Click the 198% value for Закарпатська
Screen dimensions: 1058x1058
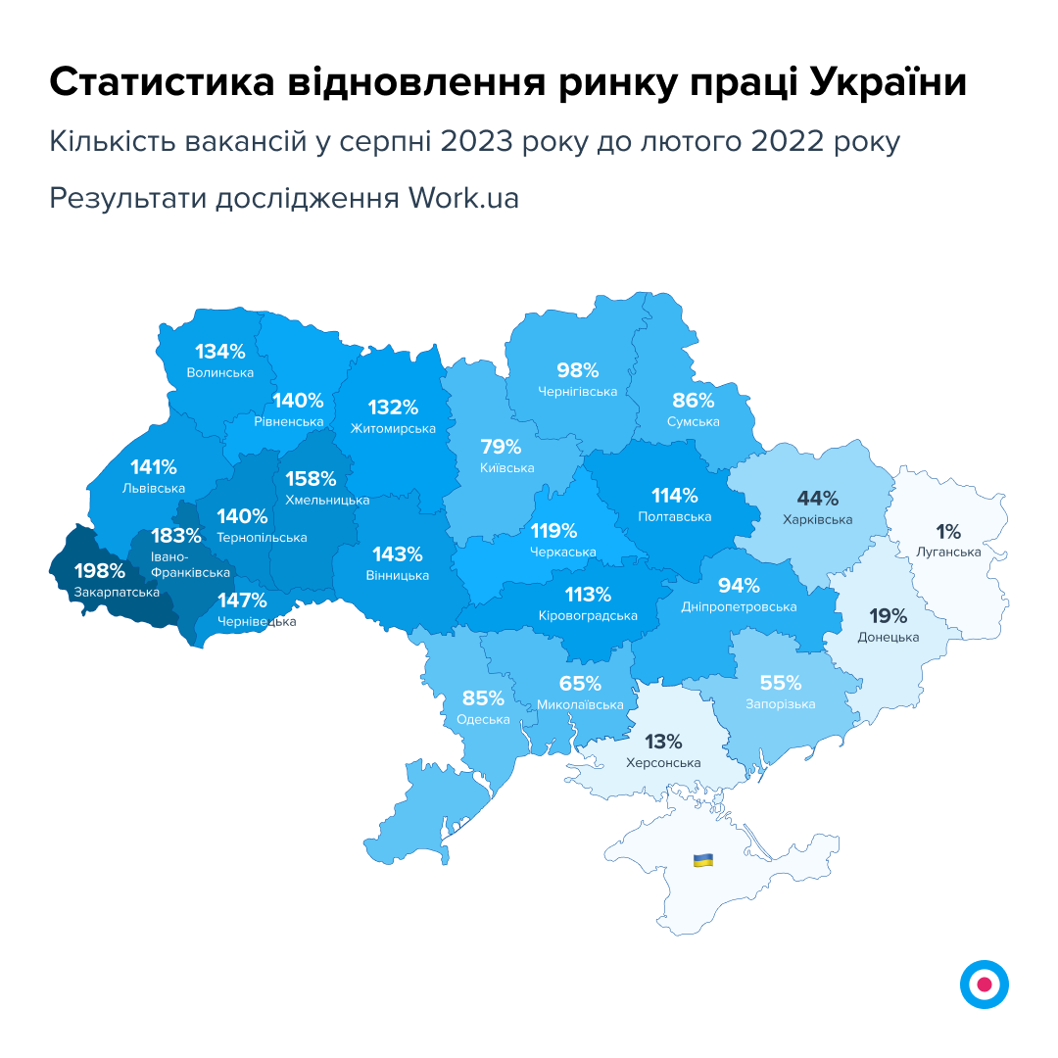tap(100, 571)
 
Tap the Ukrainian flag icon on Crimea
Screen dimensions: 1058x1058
tap(702, 860)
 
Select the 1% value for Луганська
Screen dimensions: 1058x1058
tap(948, 532)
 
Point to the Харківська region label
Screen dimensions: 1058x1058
tap(818, 520)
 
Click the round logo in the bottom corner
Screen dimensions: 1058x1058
tap(985, 985)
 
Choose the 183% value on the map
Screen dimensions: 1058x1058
tap(176, 536)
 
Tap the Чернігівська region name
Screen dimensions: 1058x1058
tap(578, 392)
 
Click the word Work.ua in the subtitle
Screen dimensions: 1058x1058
tap(464, 198)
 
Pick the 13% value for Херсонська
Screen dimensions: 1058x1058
tap(663, 742)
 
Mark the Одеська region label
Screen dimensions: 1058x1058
tap(484, 719)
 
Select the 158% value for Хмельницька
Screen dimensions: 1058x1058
tap(312, 479)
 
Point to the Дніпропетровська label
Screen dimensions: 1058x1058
tap(739, 607)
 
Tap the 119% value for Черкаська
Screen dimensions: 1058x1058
tap(554, 532)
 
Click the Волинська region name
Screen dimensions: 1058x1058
tap(220, 372)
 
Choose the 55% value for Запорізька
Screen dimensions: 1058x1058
tap(781, 683)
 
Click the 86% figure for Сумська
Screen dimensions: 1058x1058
tap(694, 400)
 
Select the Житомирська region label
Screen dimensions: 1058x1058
tap(393, 428)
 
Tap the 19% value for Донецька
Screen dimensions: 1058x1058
tap(889, 616)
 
